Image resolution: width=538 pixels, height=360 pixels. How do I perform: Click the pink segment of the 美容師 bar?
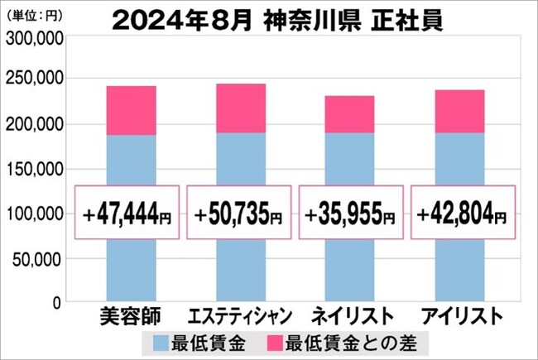point(132,110)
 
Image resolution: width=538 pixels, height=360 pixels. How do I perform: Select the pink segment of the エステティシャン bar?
point(241,108)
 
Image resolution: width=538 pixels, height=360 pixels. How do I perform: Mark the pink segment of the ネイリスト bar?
point(349,114)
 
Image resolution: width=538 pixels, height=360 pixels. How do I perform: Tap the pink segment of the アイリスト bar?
point(459,112)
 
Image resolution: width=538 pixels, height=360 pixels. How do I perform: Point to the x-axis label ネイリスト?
point(350,318)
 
